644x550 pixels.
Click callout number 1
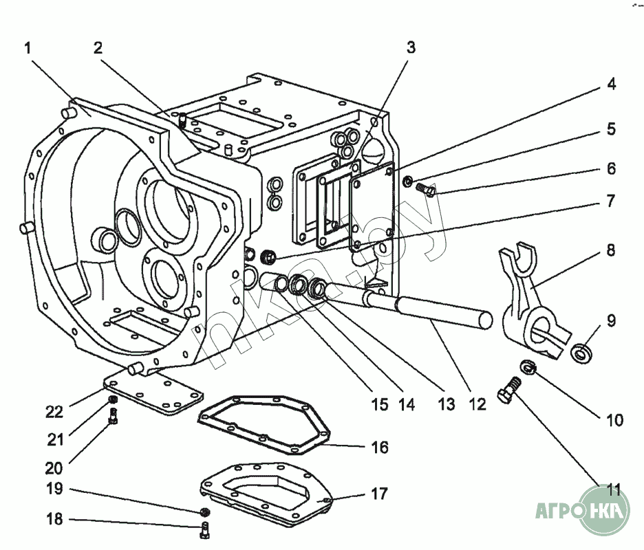pos(28,48)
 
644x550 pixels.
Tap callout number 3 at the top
pos(411,47)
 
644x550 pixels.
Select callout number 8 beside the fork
pos(611,250)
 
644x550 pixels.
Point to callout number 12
pos(477,404)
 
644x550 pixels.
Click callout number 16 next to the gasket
pos(380,448)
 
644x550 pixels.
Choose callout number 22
pos(54,412)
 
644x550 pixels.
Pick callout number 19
pos(54,489)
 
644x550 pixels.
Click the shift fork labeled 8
pos(532,302)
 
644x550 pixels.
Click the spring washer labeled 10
pos(527,367)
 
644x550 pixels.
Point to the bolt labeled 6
pos(426,190)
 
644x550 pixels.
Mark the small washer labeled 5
pos(408,181)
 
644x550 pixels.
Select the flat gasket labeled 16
pos(264,425)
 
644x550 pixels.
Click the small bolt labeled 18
pos(205,529)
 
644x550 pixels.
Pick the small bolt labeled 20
pos(114,416)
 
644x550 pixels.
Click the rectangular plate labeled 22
pos(153,392)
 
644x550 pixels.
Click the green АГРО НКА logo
pos(582,509)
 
